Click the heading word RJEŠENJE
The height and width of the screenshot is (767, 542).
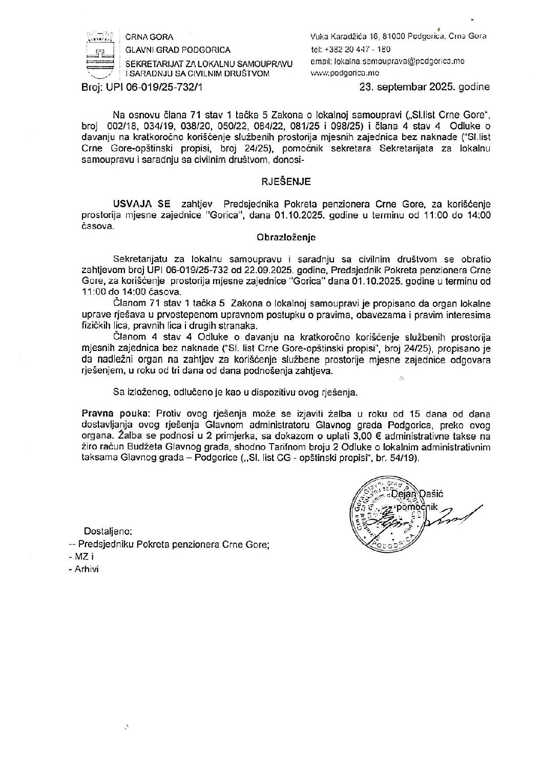[286, 181]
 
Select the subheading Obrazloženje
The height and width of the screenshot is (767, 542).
[286, 238]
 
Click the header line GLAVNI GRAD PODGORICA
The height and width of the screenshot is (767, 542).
[178, 50]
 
